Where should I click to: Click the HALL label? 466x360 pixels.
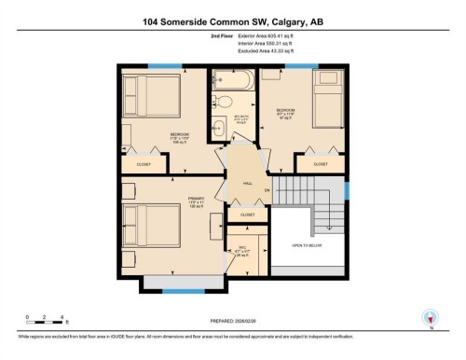[x=248, y=184]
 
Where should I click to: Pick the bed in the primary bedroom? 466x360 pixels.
[x=154, y=228]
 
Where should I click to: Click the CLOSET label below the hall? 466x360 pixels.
[x=247, y=215]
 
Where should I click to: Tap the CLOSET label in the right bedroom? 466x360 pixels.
[x=320, y=164]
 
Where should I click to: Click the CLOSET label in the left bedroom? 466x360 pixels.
[x=144, y=164]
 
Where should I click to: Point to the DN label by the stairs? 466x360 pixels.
[x=267, y=191]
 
